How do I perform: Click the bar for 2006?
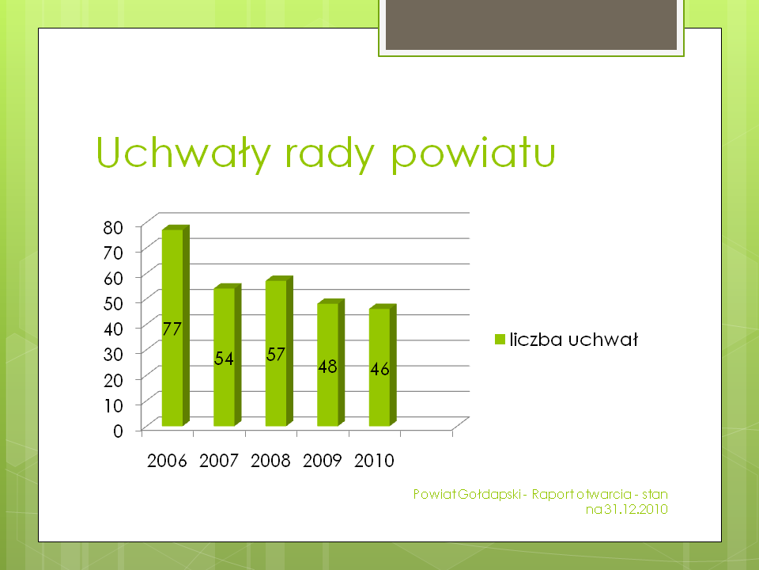[176, 325]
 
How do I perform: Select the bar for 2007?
[228, 355]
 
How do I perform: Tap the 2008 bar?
[279, 351]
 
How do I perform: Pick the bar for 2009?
[331, 363]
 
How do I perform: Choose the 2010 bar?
[383, 366]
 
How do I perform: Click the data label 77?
[172, 329]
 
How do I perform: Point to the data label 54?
[224, 359]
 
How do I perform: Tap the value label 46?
[380, 370]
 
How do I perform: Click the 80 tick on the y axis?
[113, 227]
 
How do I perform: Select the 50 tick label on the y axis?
[113, 303]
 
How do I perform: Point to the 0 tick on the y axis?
[118, 431]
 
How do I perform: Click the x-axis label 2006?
[167, 461]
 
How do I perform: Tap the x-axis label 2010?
[374, 461]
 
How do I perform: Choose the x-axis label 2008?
[270, 461]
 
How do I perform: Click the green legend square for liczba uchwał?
[500, 340]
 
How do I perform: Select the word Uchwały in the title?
[183, 153]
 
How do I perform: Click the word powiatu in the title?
[473, 154]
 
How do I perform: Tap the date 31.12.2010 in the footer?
[636, 509]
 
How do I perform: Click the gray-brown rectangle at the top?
[531, 25]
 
